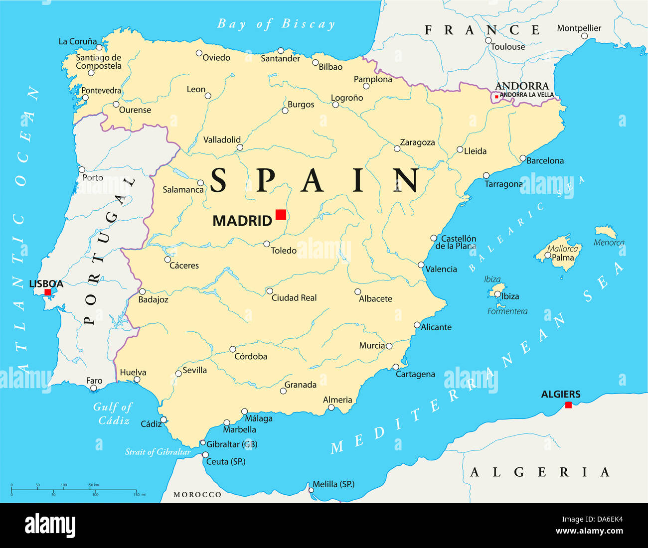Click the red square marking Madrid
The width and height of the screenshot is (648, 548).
tap(281, 215)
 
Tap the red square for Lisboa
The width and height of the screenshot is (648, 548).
tap(48, 292)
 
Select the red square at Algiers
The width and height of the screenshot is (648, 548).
tap(568, 405)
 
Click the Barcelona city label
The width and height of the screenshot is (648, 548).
tap(545, 161)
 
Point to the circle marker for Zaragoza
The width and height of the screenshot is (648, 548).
tap(397, 148)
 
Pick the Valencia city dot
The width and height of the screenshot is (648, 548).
tap(421, 265)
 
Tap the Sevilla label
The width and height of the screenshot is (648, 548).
tap(194, 370)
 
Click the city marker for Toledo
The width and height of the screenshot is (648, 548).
tap(267, 244)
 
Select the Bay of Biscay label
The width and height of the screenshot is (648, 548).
tap(276, 24)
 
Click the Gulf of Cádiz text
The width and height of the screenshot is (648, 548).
tap(113, 413)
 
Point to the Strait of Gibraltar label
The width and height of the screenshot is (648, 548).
tap(158, 452)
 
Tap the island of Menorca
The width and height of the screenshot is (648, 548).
tap(606, 232)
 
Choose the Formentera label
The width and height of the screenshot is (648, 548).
tap(507, 311)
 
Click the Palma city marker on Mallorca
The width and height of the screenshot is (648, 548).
tap(548, 256)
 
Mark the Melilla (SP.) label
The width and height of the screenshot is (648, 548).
tap(333, 484)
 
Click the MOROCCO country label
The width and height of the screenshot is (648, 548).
tap(197, 494)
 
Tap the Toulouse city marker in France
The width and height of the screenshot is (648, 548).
tap(488, 41)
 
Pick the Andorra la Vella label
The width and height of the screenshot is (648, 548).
tap(526, 95)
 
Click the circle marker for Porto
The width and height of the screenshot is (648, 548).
tap(82, 169)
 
